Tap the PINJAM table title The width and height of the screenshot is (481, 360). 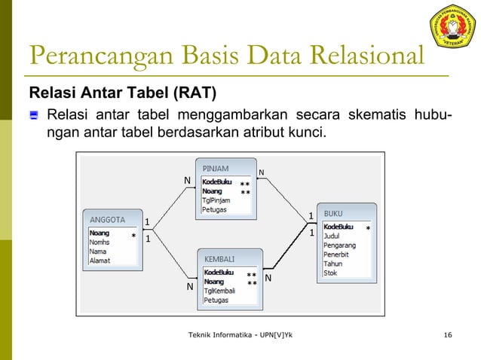coord(216,169)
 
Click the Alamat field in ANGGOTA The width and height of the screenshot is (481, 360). coord(101,261)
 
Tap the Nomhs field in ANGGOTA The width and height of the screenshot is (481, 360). coord(100,243)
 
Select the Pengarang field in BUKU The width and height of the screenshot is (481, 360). coord(341,245)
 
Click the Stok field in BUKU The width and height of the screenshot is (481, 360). coord(331,273)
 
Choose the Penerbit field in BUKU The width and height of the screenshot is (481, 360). coord(338,254)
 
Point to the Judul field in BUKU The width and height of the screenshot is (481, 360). coord(332,236)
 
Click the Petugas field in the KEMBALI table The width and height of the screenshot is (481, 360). coord(217,299)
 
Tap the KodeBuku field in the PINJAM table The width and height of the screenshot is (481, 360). coord(217,182)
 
